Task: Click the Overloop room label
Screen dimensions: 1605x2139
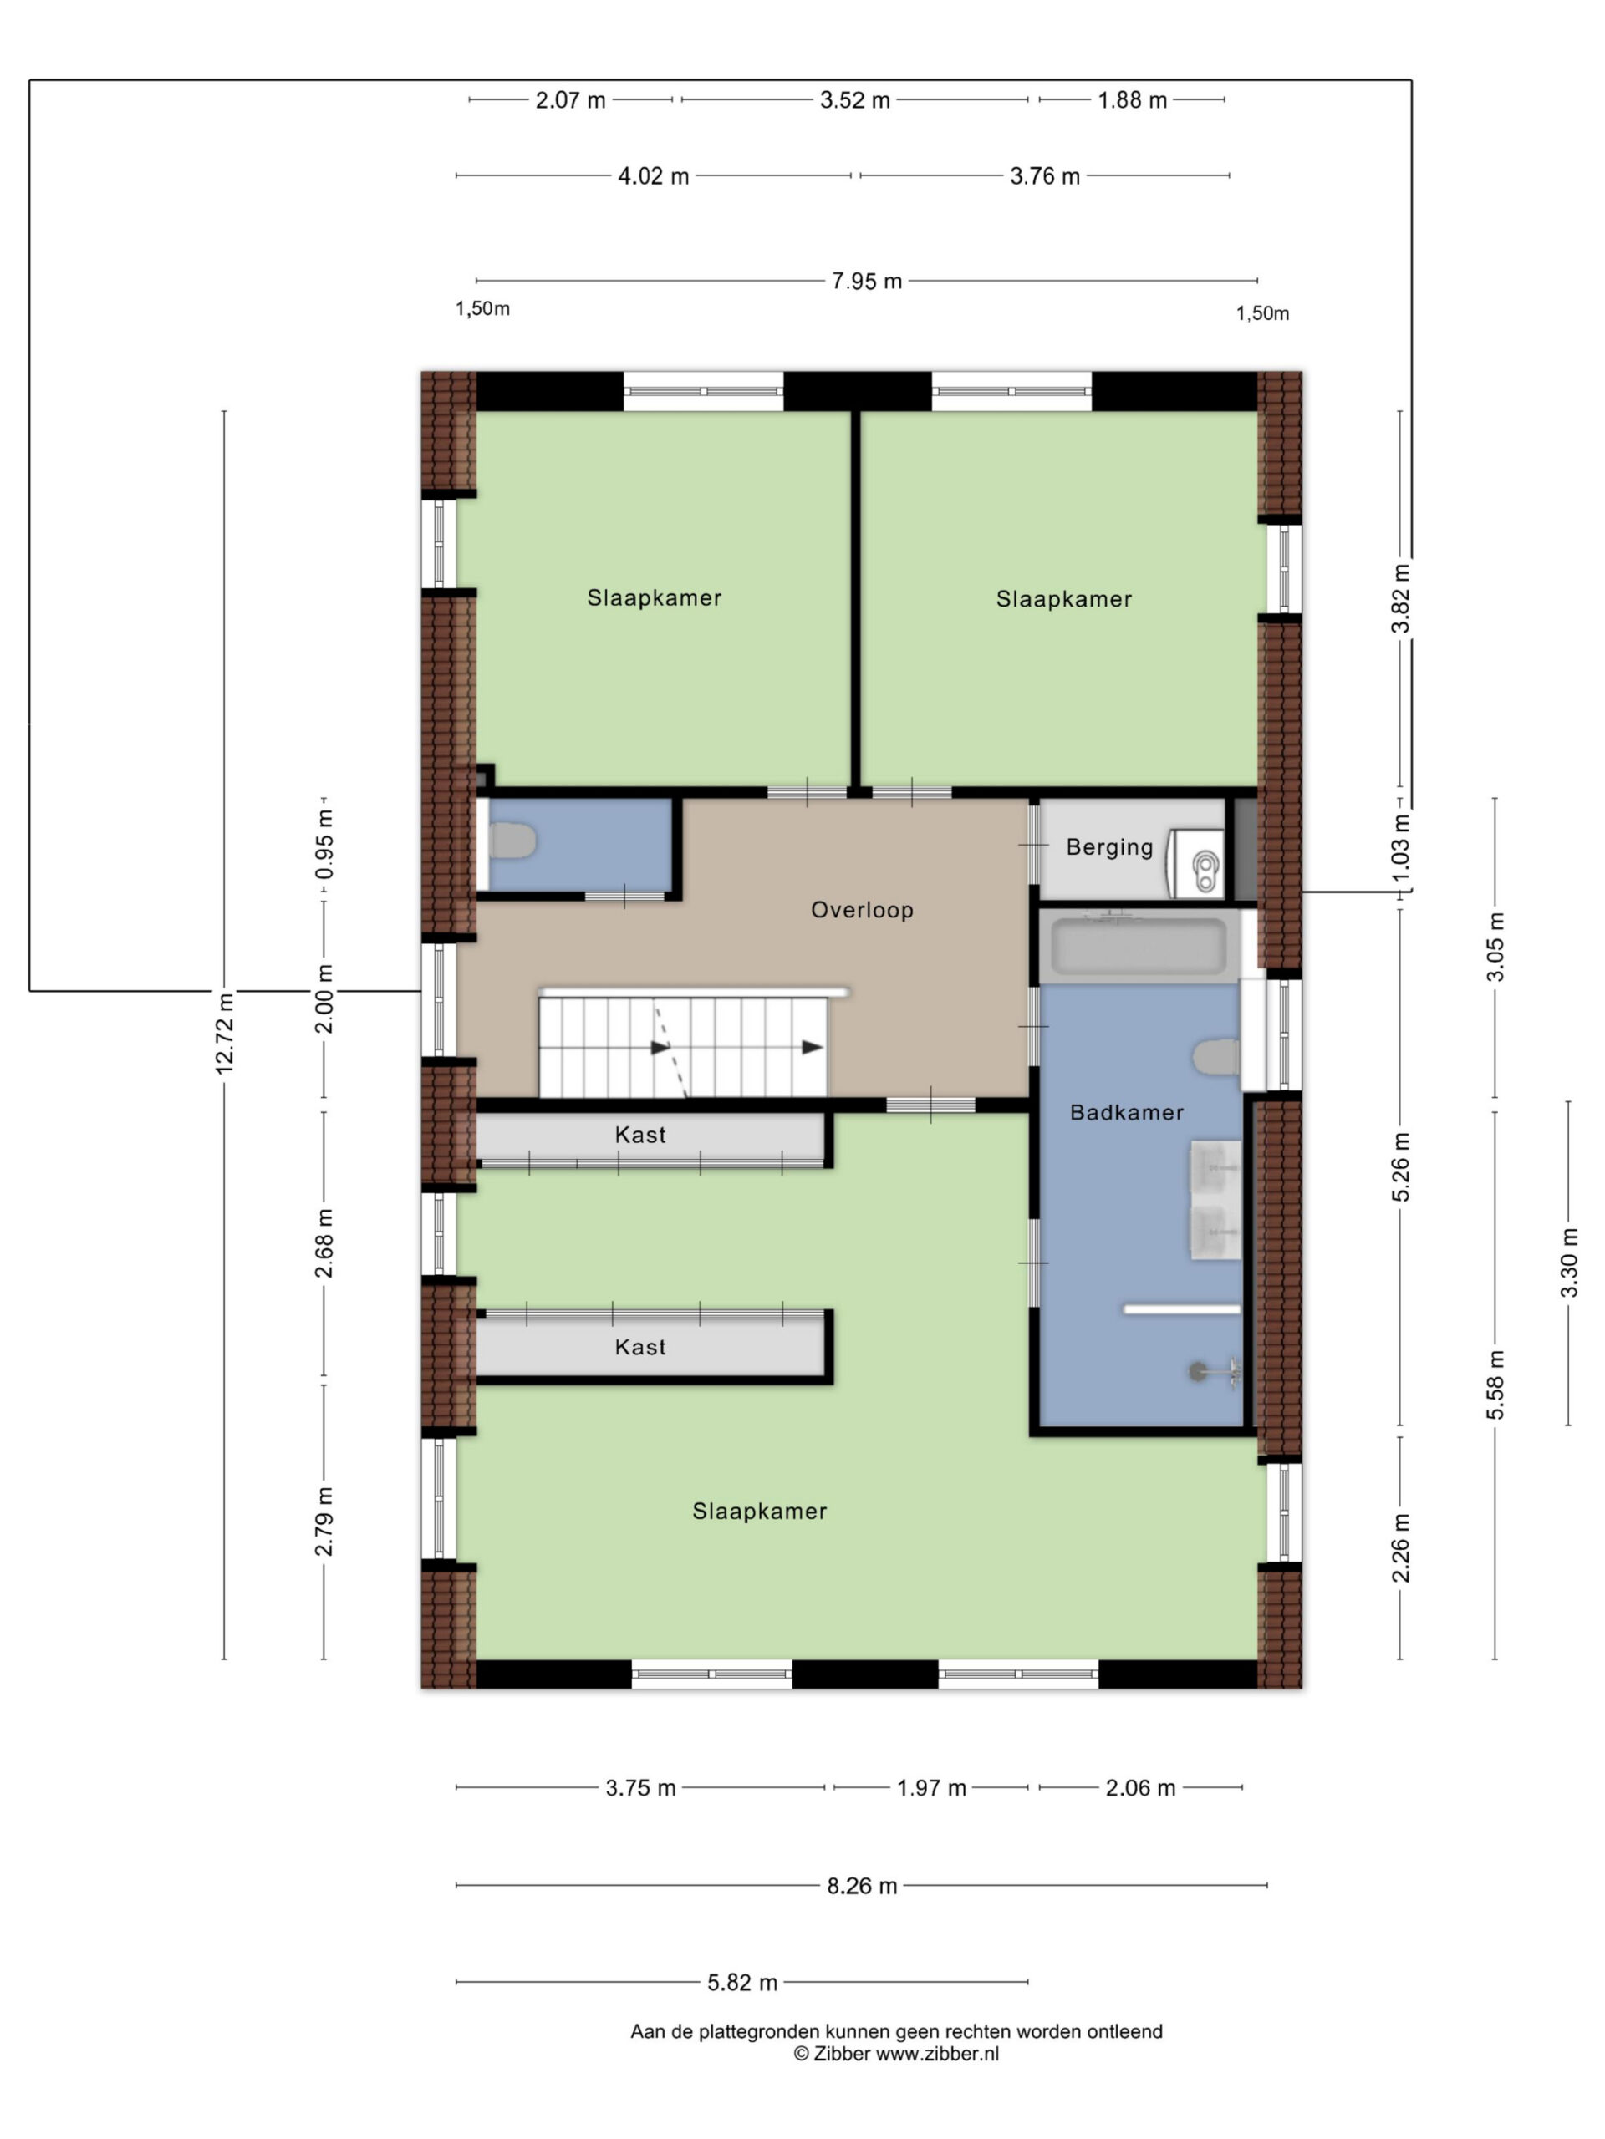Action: tap(861, 910)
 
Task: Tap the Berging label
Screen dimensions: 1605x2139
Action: tap(1109, 847)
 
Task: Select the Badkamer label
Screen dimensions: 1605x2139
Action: tap(1126, 1112)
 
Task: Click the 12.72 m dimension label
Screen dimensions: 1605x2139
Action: tap(224, 1032)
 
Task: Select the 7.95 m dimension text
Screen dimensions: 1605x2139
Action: tap(867, 282)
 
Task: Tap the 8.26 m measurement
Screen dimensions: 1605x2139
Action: tap(862, 1886)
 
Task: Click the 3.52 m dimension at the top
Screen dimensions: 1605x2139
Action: tap(855, 99)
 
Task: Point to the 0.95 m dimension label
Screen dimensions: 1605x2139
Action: tap(324, 843)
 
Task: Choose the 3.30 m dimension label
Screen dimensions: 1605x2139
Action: tap(1568, 1262)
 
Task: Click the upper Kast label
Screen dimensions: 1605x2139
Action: tap(640, 1135)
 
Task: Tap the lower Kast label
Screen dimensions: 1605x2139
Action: tap(640, 1347)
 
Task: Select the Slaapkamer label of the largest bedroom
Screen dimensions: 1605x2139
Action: tap(759, 1512)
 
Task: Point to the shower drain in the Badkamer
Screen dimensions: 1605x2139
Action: tap(1198, 1370)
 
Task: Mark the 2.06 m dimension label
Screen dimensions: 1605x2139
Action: tap(1140, 1788)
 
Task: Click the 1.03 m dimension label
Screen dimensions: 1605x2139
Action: tap(1400, 848)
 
